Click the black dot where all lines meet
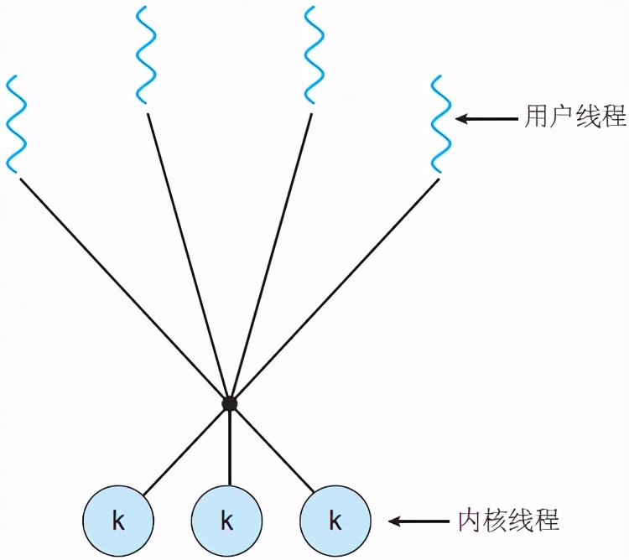[229, 404]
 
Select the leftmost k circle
[118, 521]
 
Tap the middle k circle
[226, 521]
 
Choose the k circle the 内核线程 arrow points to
[335, 521]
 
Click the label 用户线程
[575, 118]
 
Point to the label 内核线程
[509, 521]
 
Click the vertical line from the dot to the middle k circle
[229, 444]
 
